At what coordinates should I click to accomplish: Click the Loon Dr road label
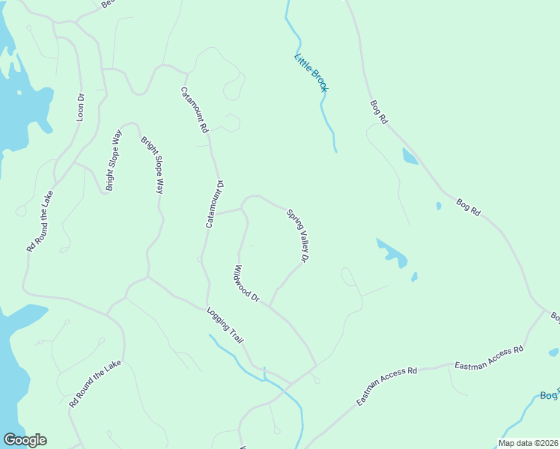[82, 106]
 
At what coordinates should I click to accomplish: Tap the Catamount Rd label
[194, 110]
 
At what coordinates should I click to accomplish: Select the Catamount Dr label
[215, 204]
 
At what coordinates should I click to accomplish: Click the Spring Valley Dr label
[298, 236]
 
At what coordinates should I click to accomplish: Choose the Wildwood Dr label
[246, 284]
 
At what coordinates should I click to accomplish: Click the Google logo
[25, 440]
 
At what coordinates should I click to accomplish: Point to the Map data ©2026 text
[527, 443]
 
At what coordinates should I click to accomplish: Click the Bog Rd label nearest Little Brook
[380, 112]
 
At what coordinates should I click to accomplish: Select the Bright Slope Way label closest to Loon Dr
[114, 160]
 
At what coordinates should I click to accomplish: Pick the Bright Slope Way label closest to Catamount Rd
[153, 165]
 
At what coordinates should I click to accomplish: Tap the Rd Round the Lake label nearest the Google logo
[94, 383]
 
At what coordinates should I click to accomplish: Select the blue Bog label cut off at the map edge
[550, 396]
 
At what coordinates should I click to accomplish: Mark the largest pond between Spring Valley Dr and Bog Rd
[393, 254]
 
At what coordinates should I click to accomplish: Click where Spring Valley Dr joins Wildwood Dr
[270, 304]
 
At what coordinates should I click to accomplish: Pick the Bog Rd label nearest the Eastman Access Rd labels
[468, 207]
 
